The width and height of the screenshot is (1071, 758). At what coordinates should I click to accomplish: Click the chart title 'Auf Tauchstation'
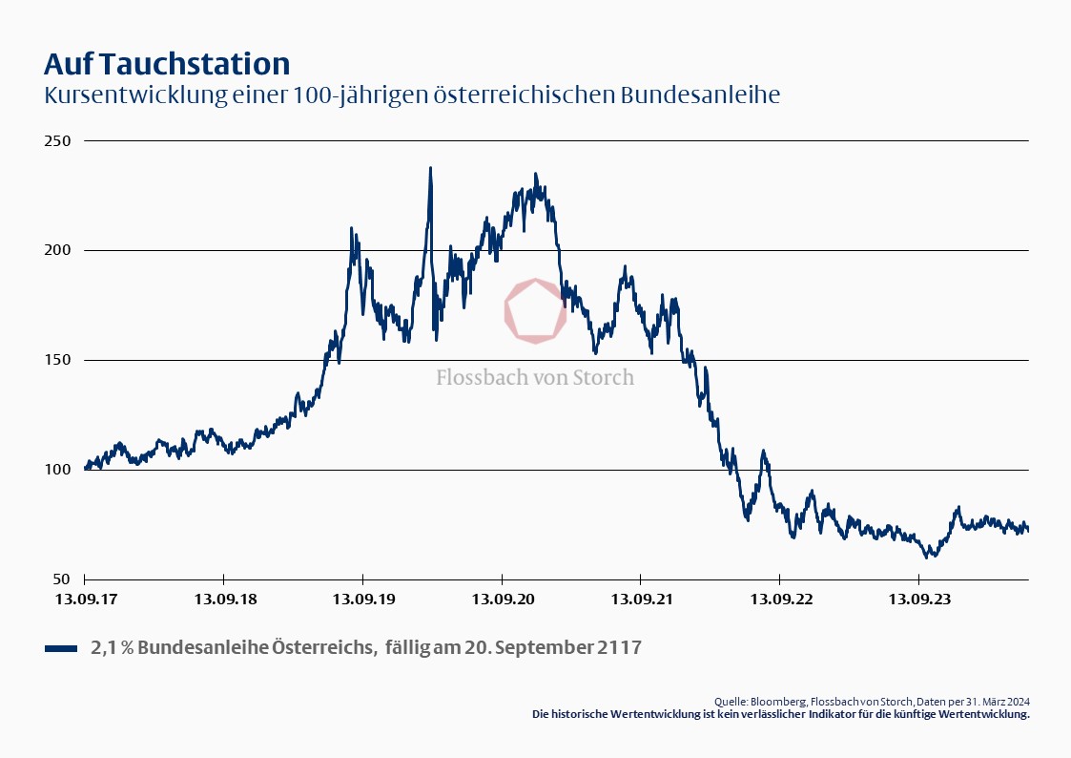tap(167, 65)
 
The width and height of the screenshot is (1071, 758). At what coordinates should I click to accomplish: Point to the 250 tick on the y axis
tap(59, 140)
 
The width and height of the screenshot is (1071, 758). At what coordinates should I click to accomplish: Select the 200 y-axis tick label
tap(59, 250)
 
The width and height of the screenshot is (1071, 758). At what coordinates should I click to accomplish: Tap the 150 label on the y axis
tap(59, 360)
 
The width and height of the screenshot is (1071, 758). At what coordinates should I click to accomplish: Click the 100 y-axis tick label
tap(59, 470)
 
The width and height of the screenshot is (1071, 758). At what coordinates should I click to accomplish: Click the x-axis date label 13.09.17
tap(85, 600)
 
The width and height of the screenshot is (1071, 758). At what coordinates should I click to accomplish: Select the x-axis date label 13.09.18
tap(223, 600)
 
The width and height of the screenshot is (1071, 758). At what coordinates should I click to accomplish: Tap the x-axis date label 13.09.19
tap(362, 600)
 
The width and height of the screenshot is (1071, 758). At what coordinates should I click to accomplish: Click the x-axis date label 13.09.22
tap(779, 600)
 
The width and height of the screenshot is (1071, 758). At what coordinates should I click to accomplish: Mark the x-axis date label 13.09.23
tap(918, 600)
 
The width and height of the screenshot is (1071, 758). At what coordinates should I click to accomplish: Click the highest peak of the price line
tap(430, 169)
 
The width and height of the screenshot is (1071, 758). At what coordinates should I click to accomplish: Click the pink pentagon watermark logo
tap(535, 310)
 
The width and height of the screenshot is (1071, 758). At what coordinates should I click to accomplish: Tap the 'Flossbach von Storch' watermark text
tap(535, 377)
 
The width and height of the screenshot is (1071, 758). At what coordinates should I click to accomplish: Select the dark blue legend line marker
tap(60, 649)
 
